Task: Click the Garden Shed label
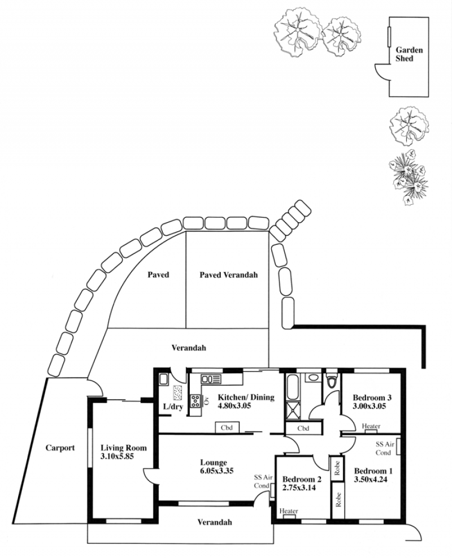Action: pyautogui.click(x=409, y=54)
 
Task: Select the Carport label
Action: pyautogui.click(x=60, y=448)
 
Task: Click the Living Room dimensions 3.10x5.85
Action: pyautogui.click(x=117, y=456)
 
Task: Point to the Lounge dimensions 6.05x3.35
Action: pyautogui.click(x=216, y=471)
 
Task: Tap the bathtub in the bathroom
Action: pyautogui.click(x=292, y=387)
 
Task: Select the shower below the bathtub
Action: pyautogui.click(x=293, y=412)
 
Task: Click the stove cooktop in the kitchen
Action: pyautogui.click(x=195, y=401)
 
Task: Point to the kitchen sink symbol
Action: pyautogui.click(x=211, y=379)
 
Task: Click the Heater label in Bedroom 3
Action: pyautogui.click(x=371, y=426)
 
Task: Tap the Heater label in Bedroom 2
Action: pyautogui.click(x=288, y=511)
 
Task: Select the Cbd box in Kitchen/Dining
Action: pyautogui.click(x=227, y=427)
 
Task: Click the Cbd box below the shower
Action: pyautogui.click(x=303, y=428)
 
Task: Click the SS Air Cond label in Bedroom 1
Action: pyautogui.click(x=385, y=448)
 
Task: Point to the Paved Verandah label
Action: pyautogui.click(x=228, y=275)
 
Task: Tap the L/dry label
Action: pyautogui.click(x=173, y=406)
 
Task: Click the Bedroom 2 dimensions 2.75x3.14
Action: pyautogui.click(x=299, y=487)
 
